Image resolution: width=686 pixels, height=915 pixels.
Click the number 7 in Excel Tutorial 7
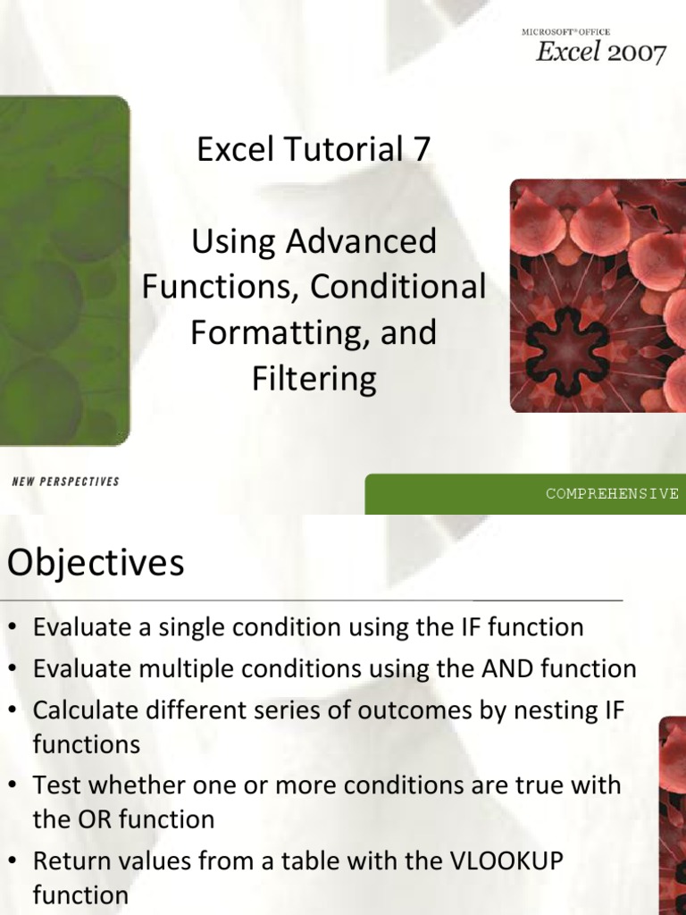[x=420, y=150]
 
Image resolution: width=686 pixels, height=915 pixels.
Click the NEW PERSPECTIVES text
[x=65, y=482]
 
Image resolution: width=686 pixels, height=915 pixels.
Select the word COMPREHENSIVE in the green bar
[x=613, y=493]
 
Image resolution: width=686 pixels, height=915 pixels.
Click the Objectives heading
[x=96, y=564]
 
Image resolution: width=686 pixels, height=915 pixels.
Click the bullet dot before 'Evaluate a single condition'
[x=14, y=628]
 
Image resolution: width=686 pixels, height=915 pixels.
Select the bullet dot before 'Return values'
[x=14, y=862]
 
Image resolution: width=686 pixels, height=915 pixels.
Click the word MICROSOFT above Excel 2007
[x=544, y=32]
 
